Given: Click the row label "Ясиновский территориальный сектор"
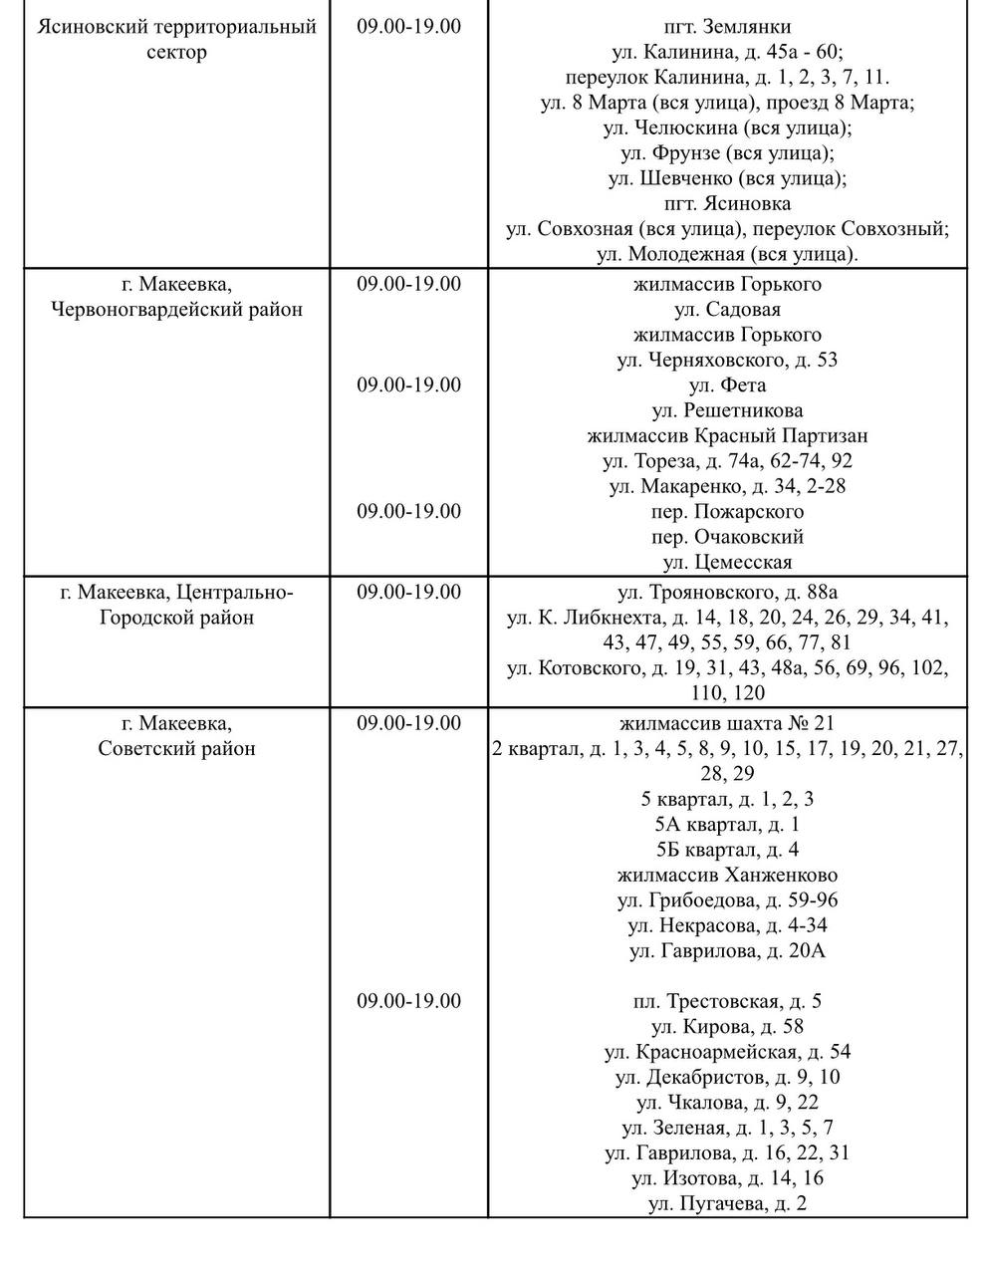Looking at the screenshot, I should (x=176, y=39).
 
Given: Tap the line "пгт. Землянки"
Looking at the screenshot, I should (x=727, y=27).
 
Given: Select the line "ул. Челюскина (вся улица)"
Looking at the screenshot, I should (x=727, y=128).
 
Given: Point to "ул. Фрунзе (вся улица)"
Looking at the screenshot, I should (x=727, y=153).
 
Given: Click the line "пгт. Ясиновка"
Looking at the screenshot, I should (x=727, y=204).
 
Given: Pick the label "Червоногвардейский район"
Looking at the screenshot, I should (x=176, y=310).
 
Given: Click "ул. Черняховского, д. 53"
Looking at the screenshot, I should (x=727, y=361).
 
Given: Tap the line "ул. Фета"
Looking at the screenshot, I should (x=727, y=385).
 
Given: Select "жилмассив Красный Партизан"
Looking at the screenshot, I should (x=727, y=436).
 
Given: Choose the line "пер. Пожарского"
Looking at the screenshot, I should (x=727, y=512).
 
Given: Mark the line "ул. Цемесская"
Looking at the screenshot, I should (x=727, y=563).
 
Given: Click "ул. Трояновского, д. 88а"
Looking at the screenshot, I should (x=727, y=593).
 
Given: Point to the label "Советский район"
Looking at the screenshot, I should (x=176, y=749).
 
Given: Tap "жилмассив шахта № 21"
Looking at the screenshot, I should (x=727, y=723).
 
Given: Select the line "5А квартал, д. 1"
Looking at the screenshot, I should (x=727, y=825).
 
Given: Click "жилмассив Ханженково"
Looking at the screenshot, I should (x=727, y=876).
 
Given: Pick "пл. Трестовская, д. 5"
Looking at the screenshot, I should (x=727, y=1002).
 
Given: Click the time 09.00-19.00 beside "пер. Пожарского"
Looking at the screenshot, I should (x=409, y=512).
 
